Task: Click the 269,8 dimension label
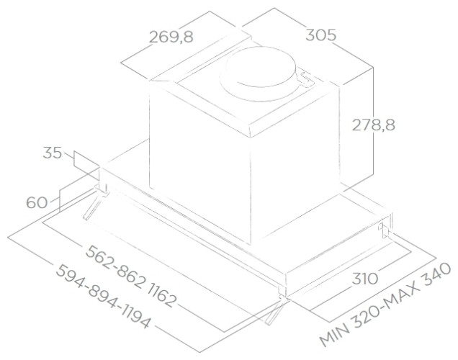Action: coord(171,37)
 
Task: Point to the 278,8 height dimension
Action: coord(373,125)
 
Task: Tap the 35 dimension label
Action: coord(52,153)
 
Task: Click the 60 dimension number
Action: coord(36,203)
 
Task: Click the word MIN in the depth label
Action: coord(333,335)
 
